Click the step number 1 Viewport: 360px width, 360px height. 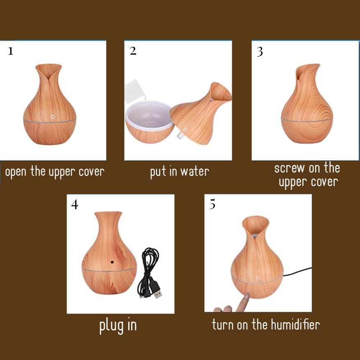(x=11, y=51)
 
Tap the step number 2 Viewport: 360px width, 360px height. (x=133, y=51)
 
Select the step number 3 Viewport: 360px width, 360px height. (x=260, y=52)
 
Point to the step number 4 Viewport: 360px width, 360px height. (x=75, y=204)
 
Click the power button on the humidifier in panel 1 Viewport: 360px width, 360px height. (x=53, y=117)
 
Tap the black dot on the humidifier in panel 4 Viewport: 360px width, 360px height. (x=112, y=262)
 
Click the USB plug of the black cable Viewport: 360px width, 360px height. (x=158, y=293)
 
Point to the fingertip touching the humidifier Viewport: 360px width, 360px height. (x=247, y=295)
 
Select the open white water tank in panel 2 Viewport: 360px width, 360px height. (x=150, y=122)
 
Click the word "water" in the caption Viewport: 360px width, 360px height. (x=195, y=172)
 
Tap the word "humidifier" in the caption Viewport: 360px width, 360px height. (x=295, y=324)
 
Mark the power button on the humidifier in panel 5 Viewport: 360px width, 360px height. (x=258, y=278)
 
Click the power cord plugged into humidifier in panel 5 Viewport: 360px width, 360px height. (x=297, y=272)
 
